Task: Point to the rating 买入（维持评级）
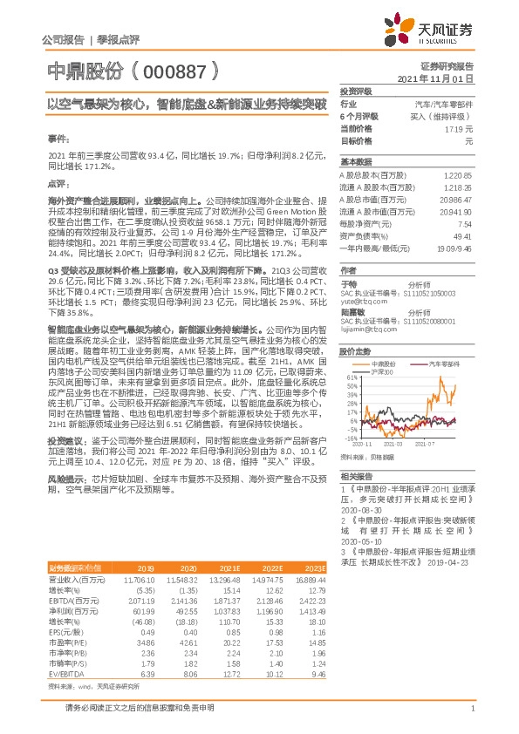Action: click(x=447, y=116)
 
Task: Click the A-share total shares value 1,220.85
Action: click(x=458, y=175)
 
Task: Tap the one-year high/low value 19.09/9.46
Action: click(x=454, y=248)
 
